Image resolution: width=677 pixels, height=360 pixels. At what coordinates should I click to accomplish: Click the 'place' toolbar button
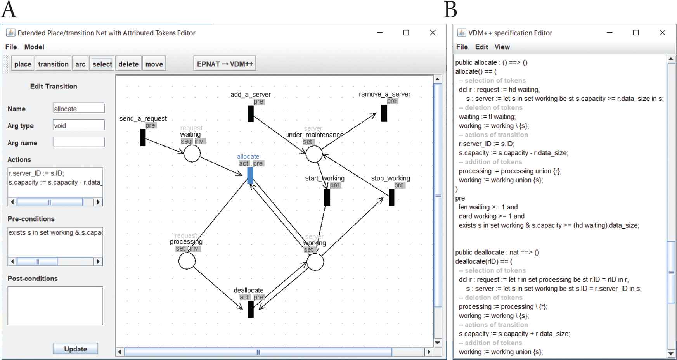pyautogui.click(x=23, y=64)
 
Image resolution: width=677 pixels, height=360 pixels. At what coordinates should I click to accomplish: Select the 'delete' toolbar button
pyautogui.click(x=128, y=64)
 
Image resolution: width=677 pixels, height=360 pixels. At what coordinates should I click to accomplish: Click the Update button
pyautogui.click(x=75, y=349)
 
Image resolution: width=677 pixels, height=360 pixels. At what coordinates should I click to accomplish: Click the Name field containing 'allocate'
pyautogui.click(x=78, y=109)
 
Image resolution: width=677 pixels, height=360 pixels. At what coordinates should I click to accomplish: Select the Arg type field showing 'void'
pyautogui.click(x=78, y=125)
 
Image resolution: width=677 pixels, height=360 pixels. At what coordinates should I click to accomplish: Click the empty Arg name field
pyautogui.click(x=78, y=142)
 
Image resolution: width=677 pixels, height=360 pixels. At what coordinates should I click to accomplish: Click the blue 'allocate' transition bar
pyautogui.click(x=250, y=175)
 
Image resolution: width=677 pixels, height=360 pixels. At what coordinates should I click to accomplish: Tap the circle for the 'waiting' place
pyautogui.click(x=192, y=154)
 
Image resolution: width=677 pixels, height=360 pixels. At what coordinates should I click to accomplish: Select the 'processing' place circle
pyautogui.click(x=187, y=261)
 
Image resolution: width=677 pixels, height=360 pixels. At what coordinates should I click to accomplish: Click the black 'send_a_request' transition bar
pyautogui.click(x=143, y=137)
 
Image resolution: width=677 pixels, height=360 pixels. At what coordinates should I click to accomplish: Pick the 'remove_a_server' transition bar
pyautogui.click(x=384, y=113)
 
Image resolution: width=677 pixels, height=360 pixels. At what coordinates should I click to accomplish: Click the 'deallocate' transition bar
pyautogui.click(x=251, y=309)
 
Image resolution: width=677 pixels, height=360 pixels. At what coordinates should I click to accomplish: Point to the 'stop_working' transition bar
pyautogui.click(x=391, y=197)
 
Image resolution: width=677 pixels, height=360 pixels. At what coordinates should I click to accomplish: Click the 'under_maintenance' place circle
pyautogui.click(x=314, y=154)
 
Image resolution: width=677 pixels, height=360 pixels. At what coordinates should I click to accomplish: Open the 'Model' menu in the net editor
pyautogui.click(x=34, y=47)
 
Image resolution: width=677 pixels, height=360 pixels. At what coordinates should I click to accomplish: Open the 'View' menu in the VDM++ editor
pyautogui.click(x=502, y=47)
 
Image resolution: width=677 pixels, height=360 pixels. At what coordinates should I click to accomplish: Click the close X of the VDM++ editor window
pyautogui.click(x=662, y=33)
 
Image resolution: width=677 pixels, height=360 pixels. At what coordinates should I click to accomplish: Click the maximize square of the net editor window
pyautogui.click(x=406, y=33)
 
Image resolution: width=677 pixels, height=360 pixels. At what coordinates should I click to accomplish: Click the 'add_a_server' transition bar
pyautogui.click(x=251, y=113)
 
